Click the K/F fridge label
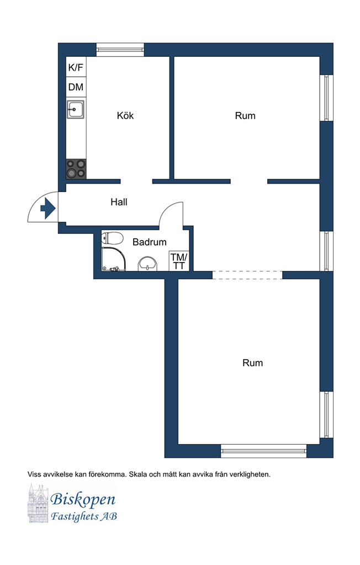[x=76, y=67]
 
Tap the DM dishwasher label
[x=76, y=87]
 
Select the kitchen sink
[x=76, y=109]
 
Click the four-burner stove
[x=76, y=169]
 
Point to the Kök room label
[x=125, y=116]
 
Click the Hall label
[x=119, y=202]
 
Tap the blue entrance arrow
[x=48, y=208]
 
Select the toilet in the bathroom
[x=112, y=238]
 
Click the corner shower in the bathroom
[x=114, y=259]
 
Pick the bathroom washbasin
[x=148, y=264]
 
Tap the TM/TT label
[x=179, y=262]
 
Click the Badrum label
[x=149, y=242]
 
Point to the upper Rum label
[x=245, y=116]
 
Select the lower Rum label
[x=252, y=363]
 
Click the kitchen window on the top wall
[x=120, y=50]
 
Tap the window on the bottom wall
[x=264, y=451]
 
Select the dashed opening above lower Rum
[x=247, y=275]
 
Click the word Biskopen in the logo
[x=83, y=499]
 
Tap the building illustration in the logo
[x=38, y=503]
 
